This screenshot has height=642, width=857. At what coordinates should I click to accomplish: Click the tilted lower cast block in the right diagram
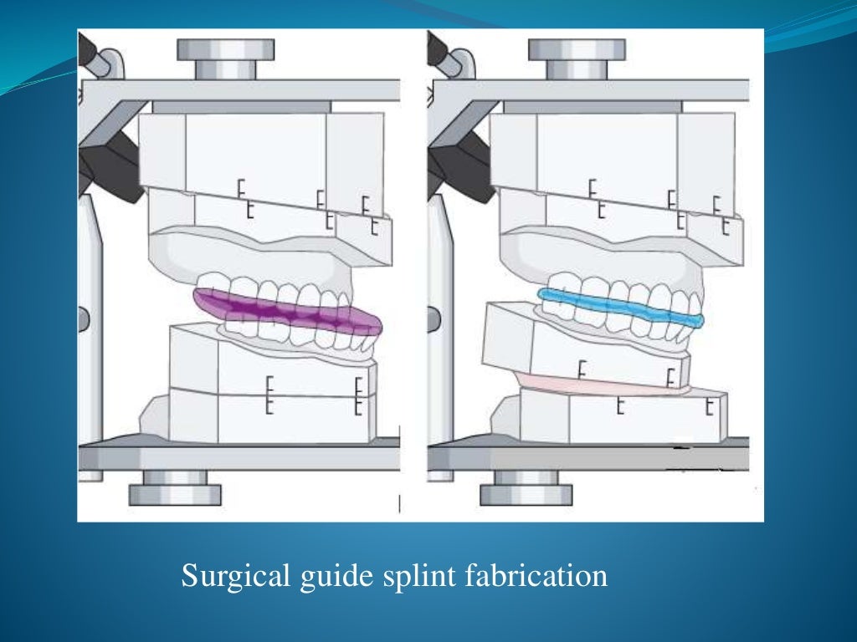586,351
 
